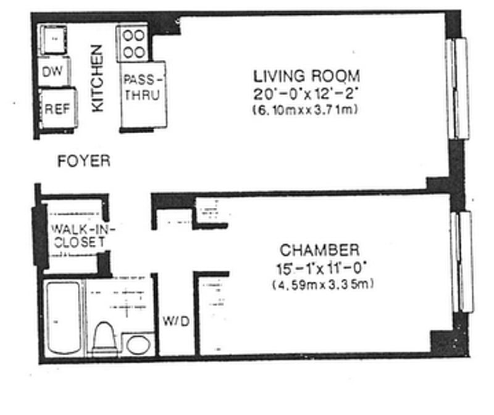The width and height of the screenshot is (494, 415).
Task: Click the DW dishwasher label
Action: click(52, 72)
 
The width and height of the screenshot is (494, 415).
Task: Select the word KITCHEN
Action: click(98, 78)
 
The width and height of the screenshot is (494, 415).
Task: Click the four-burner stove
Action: click(133, 43)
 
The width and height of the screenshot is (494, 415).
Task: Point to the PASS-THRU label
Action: click(143, 87)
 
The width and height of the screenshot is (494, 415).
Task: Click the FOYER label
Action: click(84, 161)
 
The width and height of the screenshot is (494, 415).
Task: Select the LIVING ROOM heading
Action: click(306, 76)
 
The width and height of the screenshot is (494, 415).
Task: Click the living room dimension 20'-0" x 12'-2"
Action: click(306, 94)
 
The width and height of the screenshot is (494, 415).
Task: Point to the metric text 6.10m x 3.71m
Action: click(305, 110)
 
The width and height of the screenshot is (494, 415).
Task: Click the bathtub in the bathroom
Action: click(64, 318)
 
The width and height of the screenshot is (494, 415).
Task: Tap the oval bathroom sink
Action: click(138, 345)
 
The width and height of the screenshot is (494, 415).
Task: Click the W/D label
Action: click(176, 321)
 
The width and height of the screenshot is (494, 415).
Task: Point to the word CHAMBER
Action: click(320, 250)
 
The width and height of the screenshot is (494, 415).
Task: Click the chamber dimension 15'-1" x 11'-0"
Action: click(321, 268)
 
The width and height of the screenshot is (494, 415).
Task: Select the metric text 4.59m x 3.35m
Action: click(323, 284)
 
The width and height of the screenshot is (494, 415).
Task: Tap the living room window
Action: click(457, 88)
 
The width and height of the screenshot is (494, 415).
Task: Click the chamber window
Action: click(463, 262)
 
